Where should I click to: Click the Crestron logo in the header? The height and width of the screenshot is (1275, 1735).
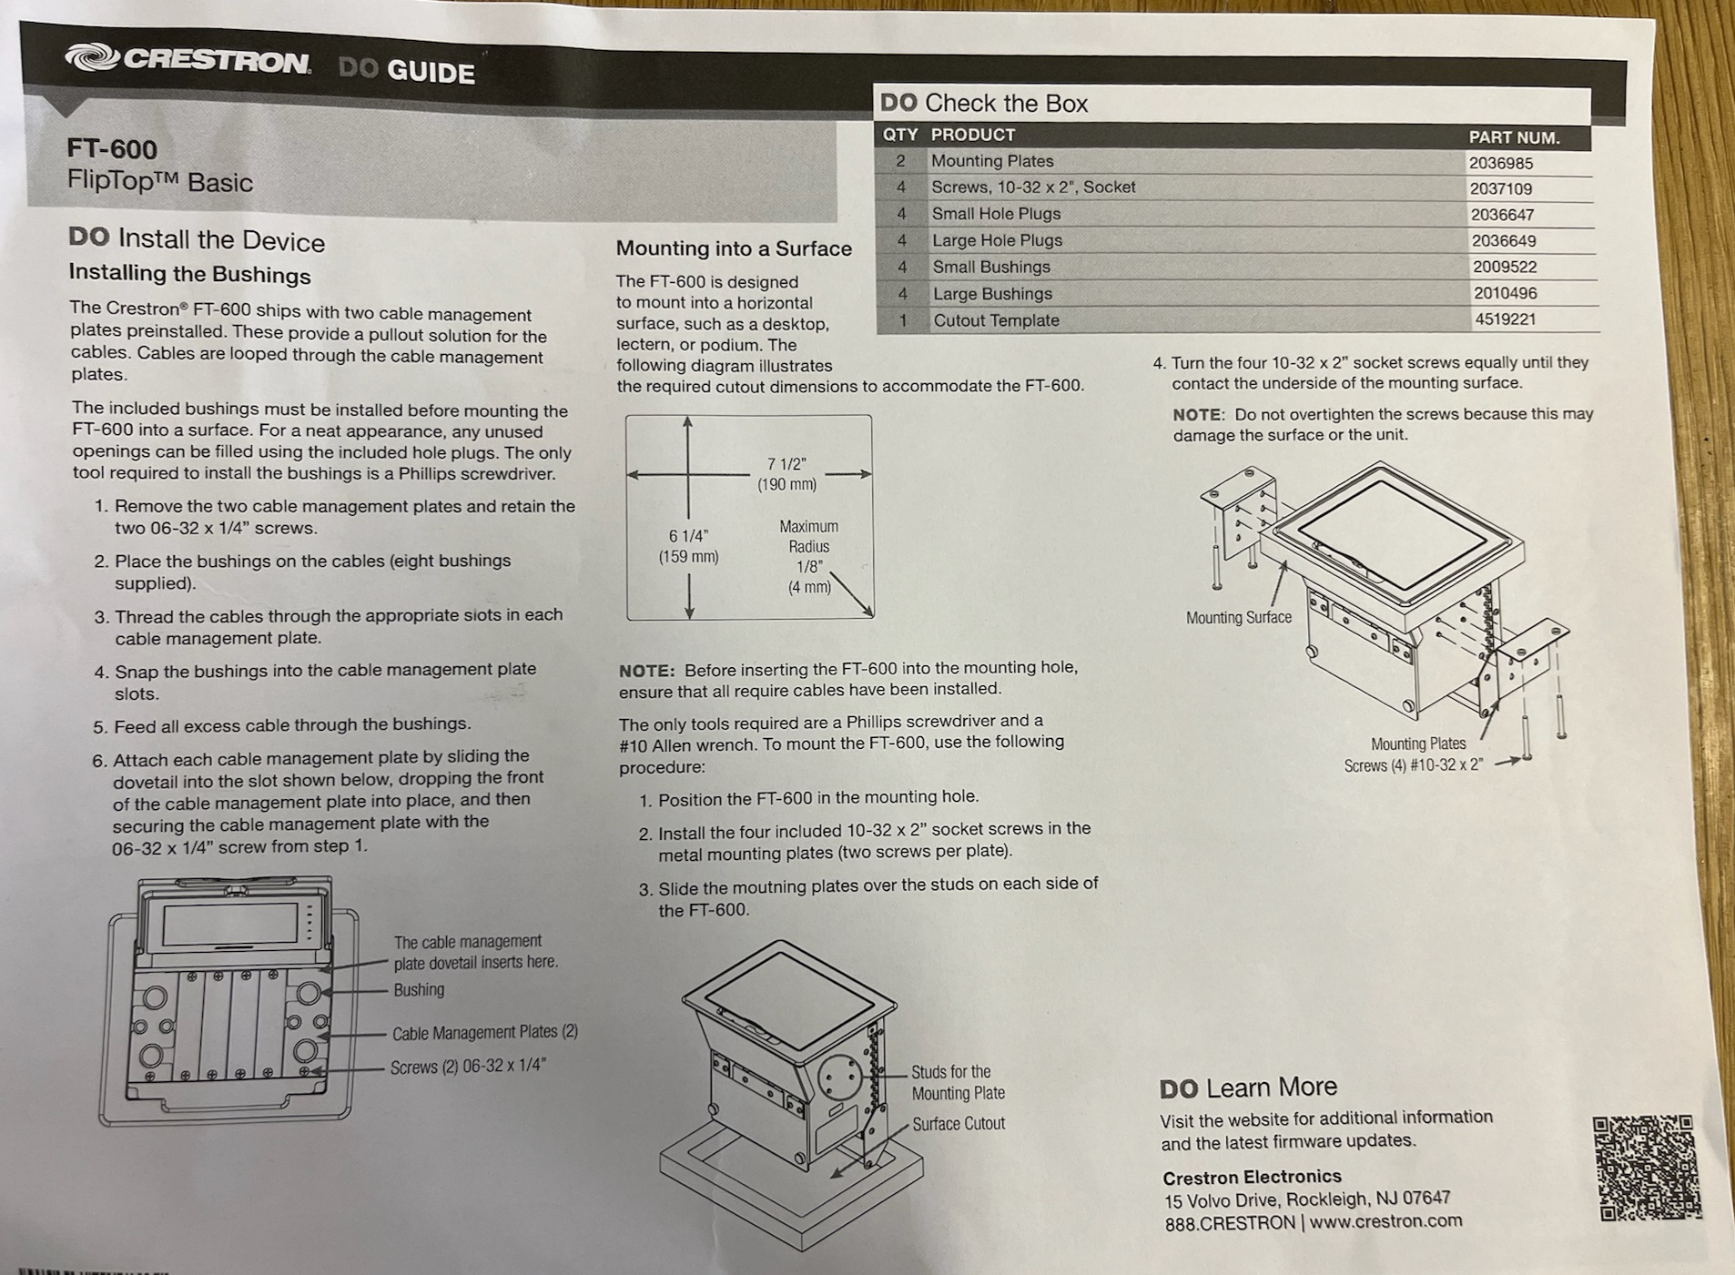(188, 60)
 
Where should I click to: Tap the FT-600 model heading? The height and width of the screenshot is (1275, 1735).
(112, 149)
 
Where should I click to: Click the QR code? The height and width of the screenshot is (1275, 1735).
(1647, 1168)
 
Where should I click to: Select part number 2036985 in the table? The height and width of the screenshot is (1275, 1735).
(1500, 164)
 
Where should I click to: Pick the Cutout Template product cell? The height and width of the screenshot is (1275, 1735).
(996, 320)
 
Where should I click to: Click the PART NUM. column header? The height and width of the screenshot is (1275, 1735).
(1514, 137)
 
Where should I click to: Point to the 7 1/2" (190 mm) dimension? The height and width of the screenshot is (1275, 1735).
(786, 474)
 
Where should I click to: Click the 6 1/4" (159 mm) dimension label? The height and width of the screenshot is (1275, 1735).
(688, 546)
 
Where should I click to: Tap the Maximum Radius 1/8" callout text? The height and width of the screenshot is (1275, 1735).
(809, 556)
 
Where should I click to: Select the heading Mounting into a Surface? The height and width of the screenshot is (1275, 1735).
(734, 248)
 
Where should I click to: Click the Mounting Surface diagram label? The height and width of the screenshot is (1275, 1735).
(1238, 617)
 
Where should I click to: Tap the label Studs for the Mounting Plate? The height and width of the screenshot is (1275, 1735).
(958, 1082)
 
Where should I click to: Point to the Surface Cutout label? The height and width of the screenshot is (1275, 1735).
(959, 1124)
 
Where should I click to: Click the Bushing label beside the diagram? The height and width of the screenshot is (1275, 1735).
(419, 989)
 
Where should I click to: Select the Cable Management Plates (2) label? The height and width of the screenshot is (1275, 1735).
(485, 1032)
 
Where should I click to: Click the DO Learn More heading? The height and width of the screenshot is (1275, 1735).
(1248, 1088)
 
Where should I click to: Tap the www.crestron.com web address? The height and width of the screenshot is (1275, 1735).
(1385, 1221)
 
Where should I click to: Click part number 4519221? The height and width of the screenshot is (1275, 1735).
(1505, 319)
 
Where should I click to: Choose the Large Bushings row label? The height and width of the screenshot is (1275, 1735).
(992, 294)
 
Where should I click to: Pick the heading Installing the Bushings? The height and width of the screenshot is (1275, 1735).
(190, 274)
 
